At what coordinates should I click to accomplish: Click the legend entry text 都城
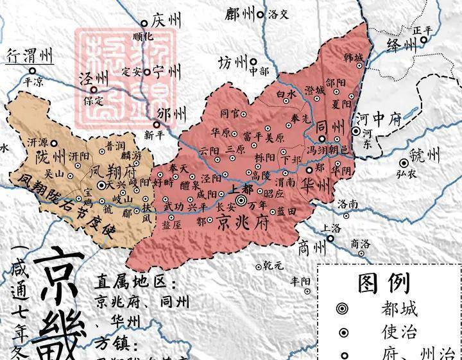click(398, 309)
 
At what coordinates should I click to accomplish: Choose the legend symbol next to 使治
click(345, 332)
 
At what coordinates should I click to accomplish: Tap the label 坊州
click(232, 63)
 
